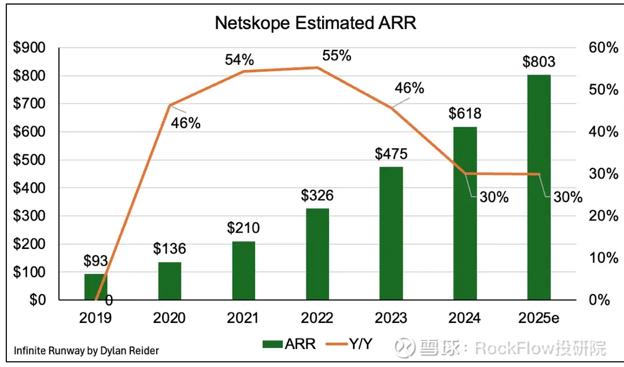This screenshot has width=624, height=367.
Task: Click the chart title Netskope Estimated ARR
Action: tap(315, 23)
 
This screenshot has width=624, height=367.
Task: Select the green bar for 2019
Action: tap(95, 287)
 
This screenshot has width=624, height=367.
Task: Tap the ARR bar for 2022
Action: tap(317, 254)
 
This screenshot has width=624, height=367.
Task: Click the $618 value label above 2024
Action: tap(465, 113)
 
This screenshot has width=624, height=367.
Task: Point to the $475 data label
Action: tap(391, 154)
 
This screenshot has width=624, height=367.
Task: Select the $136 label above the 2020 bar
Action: tap(169, 249)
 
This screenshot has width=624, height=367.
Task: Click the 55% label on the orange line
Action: tap(337, 56)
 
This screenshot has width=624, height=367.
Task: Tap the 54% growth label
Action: tap(239, 60)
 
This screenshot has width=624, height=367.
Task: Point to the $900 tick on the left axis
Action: tap(30, 48)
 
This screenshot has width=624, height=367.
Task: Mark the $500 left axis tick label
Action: tap(30, 160)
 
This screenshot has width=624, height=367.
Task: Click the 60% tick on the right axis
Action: tap(604, 48)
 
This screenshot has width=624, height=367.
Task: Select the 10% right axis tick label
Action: tap(604, 258)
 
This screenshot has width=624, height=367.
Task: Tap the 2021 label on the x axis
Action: tap(243, 318)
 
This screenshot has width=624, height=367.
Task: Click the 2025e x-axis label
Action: tap(539, 318)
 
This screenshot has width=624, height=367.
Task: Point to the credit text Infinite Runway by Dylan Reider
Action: tap(86, 350)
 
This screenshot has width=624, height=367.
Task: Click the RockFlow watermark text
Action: tap(540, 348)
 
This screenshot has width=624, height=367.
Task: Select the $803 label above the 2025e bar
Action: tap(539, 61)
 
